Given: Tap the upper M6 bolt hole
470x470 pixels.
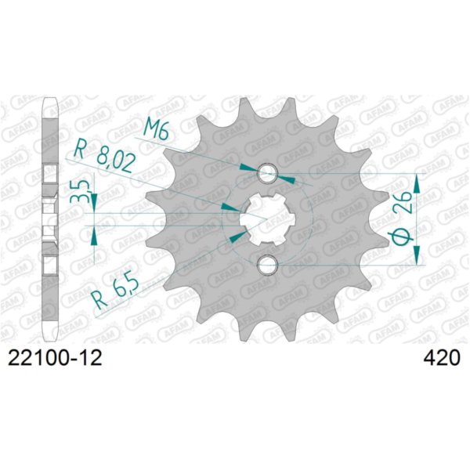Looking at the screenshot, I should [x=268, y=174].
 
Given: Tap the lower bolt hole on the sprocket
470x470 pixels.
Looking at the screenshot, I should [x=268, y=264].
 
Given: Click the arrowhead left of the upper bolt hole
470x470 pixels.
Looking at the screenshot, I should [x=249, y=169].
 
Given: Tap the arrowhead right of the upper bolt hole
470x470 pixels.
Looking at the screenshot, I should [x=287, y=179].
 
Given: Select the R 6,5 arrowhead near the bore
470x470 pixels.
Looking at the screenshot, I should [x=237, y=235].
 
